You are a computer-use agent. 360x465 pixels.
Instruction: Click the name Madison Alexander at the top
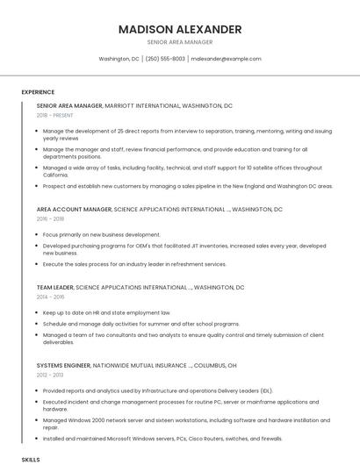[x=179, y=29]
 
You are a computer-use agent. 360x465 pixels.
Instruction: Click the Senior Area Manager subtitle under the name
[x=179, y=42]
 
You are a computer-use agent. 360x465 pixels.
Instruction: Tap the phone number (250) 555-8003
[x=165, y=59]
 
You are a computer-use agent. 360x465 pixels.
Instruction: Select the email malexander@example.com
[x=226, y=59]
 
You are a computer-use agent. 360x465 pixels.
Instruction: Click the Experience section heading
[x=38, y=92]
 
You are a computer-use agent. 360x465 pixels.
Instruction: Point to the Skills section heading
[x=31, y=459]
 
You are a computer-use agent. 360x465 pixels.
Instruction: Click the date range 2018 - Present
[x=54, y=115]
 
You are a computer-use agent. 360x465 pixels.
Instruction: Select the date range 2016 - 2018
[x=50, y=218]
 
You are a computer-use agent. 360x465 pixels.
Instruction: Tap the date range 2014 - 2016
[x=50, y=297]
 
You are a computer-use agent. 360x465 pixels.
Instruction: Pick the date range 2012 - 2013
[x=50, y=375]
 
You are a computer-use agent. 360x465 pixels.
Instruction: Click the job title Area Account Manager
[x=74, y=210]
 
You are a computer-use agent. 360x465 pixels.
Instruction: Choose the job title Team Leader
[x=54, y=288]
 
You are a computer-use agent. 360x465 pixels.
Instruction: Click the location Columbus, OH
[x=215, y=365]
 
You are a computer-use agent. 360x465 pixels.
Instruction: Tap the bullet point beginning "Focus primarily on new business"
[x=101, y=235]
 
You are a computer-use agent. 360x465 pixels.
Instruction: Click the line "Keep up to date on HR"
[x=106, y=312]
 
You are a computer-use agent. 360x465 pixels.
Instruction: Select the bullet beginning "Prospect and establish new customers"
[x=188, y=186]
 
